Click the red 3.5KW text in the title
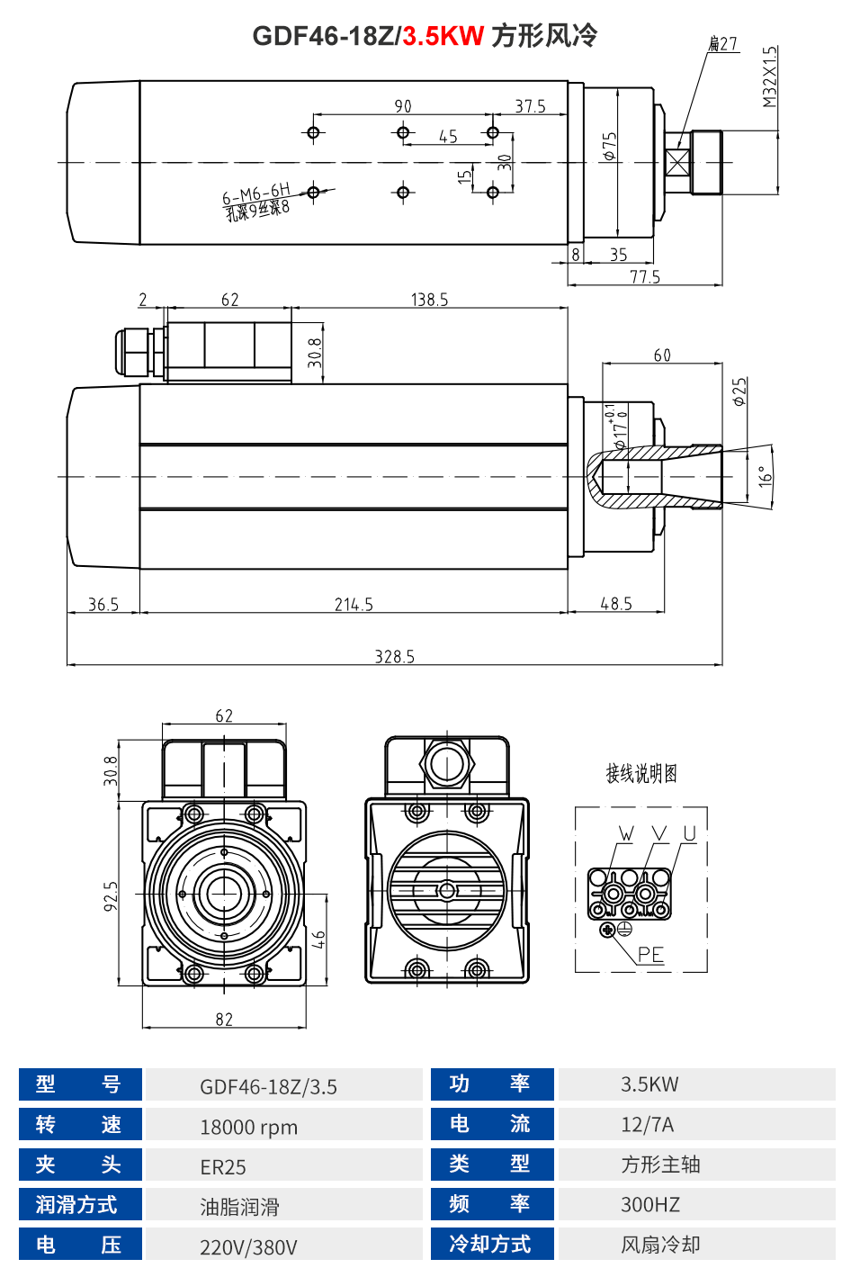(x=443, y=36)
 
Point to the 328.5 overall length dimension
(x=394, y=657)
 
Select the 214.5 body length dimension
(x=354, y=605)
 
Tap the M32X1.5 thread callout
(x=769, y=77)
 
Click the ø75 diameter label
(x=611, y=146)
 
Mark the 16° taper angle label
(x=765, y=476)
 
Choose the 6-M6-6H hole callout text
(x=256, y=194)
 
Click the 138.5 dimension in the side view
(x=429, y=300)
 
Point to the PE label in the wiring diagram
(x=650, y=955)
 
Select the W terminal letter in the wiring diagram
(x=626, y=834)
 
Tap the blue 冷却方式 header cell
(x=491, y=1245)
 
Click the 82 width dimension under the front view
(x=224, y=1020)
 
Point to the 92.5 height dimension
(x=111, y=895)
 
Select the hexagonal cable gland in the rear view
(x=447, y=765)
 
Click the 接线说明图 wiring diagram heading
(x=640, y=773)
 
